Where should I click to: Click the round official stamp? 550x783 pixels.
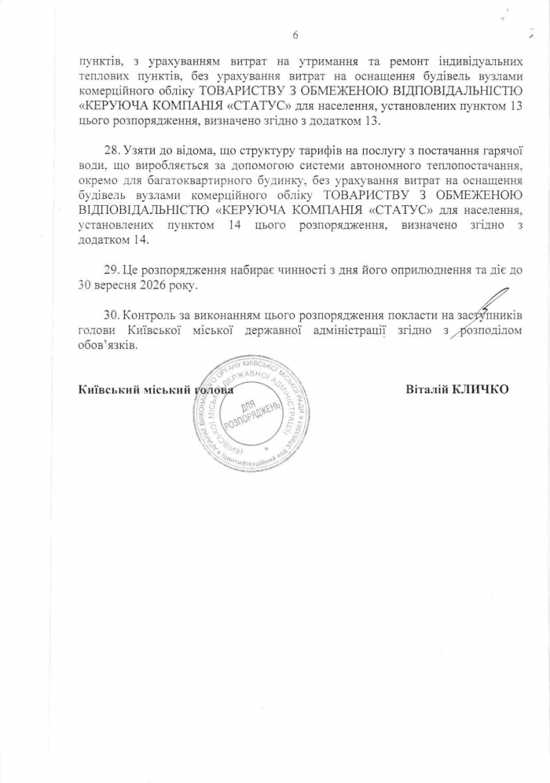[247, 416]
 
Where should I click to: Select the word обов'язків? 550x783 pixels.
[108, 344]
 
